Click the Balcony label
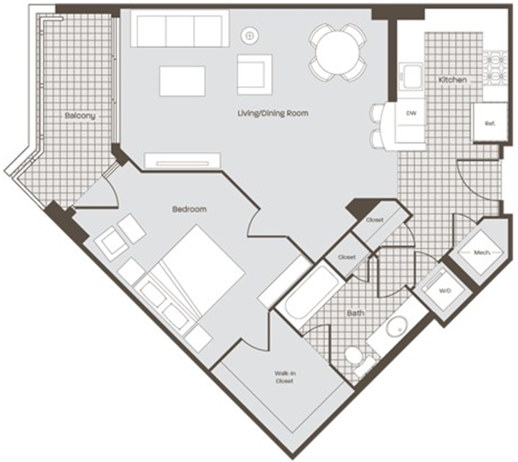[x=80, y=116]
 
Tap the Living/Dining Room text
[x=273, y=113]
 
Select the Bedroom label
[x=190, y=209]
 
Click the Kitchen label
[x=452, y=80]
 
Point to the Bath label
[x=356, y=313]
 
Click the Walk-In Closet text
[x=285, y=377]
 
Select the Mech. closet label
[x=482, y=253]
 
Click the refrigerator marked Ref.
[x=490, y=122]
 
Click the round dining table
[x=337, y=53]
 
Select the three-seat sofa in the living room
[x=180, y=28]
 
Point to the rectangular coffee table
[x=182, y=81]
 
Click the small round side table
[x=250, y=35]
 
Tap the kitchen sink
[x=410, y=77]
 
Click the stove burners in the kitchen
[x=495, y=67]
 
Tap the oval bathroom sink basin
[x=397, y=326]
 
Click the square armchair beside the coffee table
[x=254, y=75]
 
